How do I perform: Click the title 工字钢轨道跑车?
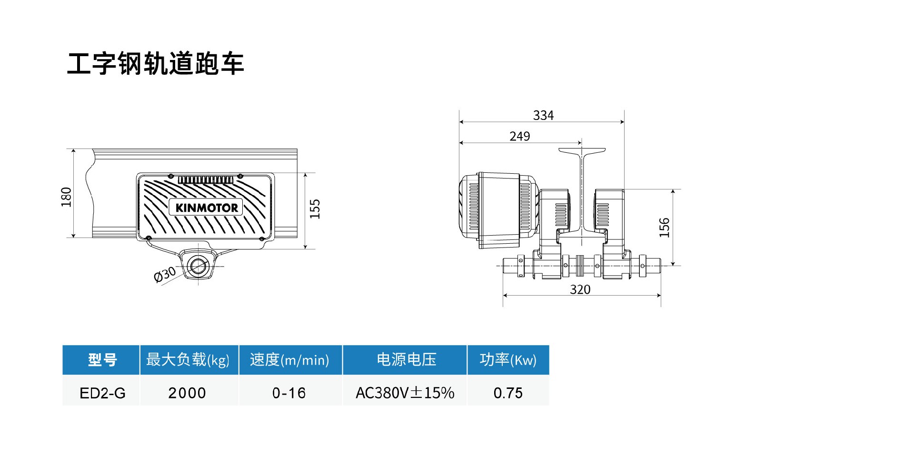[155, 64]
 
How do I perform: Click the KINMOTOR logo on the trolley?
[206, 208]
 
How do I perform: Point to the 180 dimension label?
[66, 197]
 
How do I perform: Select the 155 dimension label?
[315, 209]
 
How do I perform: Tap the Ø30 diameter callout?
[165, 275]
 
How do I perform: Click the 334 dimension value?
[543, 116]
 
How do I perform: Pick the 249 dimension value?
[519, 137]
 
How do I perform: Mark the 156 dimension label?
[664, 228]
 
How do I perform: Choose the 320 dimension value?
[580, 289]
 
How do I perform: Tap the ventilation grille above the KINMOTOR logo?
[206, 179]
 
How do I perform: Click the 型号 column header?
[102, 360]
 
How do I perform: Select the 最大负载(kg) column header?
[188, 360]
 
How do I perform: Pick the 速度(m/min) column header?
[289, 360]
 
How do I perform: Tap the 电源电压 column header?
[406, 360]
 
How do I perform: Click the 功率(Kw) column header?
[508, 360]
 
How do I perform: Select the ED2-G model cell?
[102, 393]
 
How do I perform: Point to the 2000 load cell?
[187, 393]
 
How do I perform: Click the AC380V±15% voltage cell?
[405, 393]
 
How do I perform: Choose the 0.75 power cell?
[508, 393]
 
